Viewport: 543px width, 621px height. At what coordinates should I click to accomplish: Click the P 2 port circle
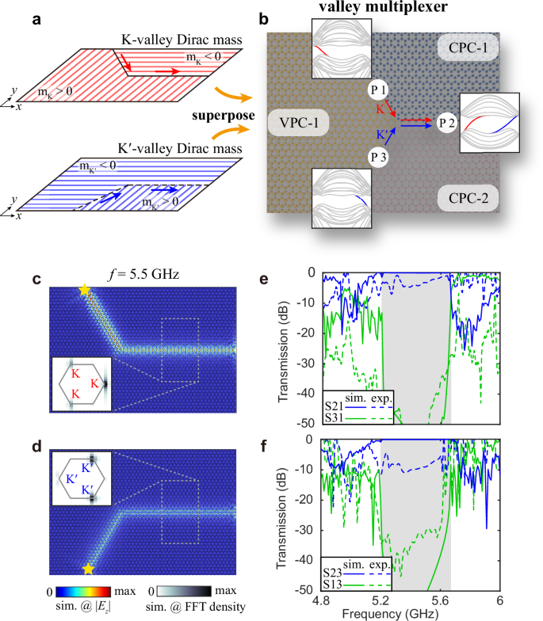443,122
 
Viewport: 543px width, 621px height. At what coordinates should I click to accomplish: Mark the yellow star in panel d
89,569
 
